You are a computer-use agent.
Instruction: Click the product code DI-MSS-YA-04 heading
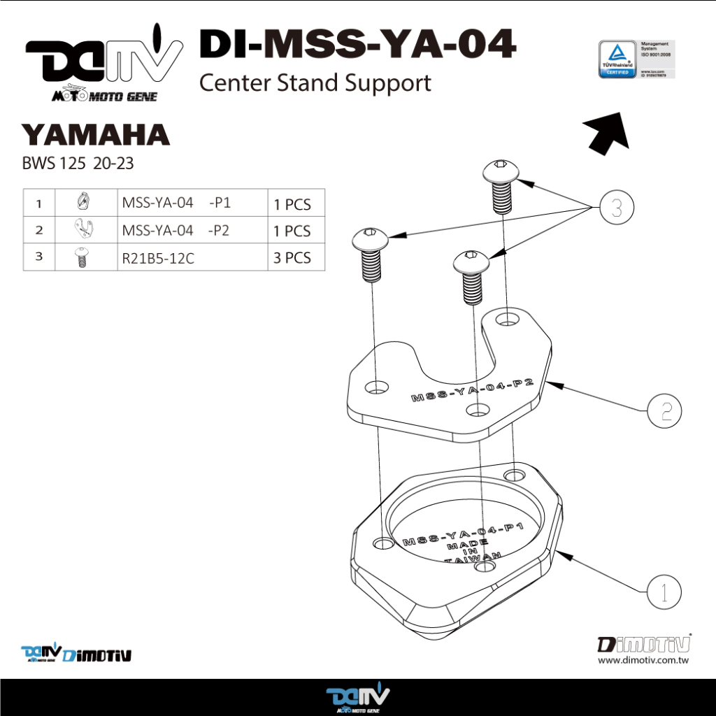point(357,45)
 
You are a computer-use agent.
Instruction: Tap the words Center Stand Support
point(315,83)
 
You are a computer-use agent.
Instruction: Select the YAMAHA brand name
point(95,134)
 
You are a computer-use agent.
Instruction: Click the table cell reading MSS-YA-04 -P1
point(176,203)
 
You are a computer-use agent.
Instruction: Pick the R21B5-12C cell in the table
point(158,258)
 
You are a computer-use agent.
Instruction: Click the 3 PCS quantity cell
point(292,258)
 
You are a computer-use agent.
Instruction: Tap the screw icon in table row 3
point(82,258)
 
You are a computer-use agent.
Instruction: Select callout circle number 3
point(615,208)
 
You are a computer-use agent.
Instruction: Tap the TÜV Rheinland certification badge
point(618,60)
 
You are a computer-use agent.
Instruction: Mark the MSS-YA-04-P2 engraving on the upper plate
point(473,391)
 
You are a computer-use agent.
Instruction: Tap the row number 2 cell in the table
point(39,229)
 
